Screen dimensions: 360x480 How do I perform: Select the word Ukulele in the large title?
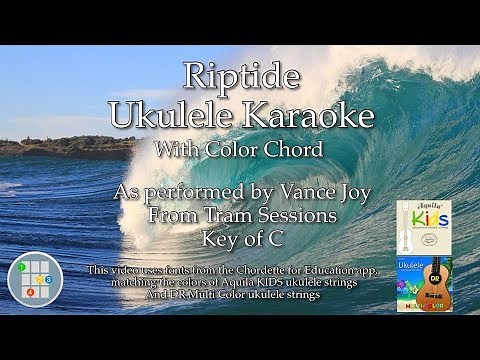click(x=188, y=114)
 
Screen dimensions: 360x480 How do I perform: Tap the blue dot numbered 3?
click(x=48, y=279)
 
